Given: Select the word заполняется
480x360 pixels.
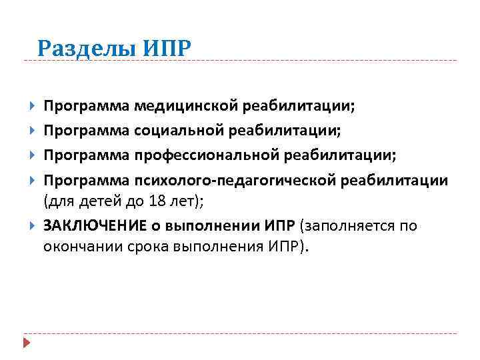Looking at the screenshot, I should tap(345, 225).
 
